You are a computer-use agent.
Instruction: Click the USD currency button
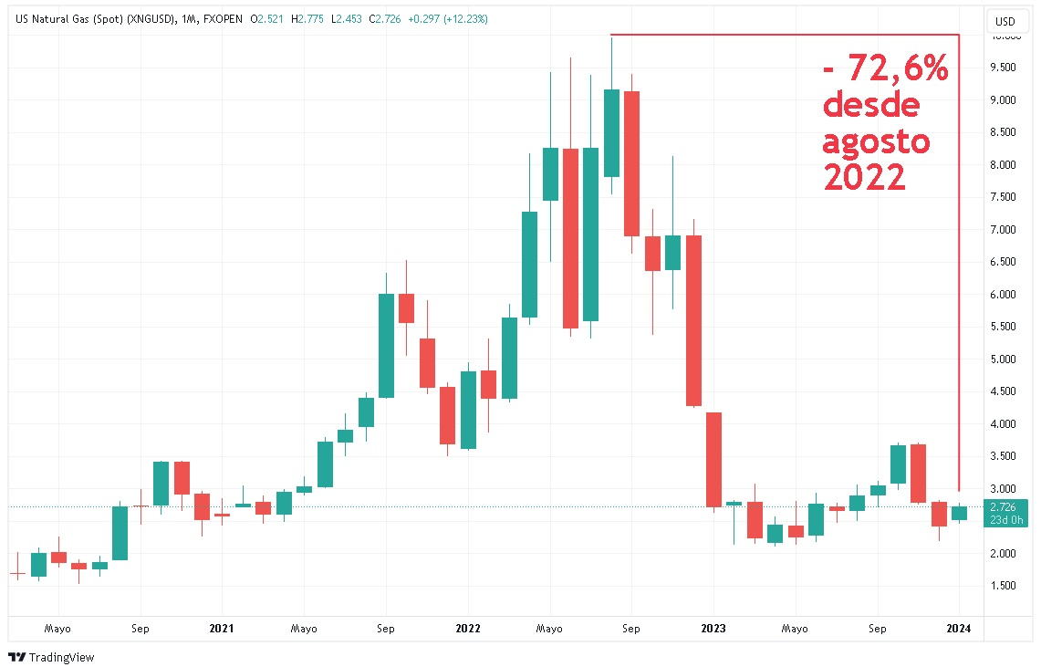point(1005,21)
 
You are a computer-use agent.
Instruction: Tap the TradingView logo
point(52,657)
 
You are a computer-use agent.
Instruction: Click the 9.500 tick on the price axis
point(1004,68)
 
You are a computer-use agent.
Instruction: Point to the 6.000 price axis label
point(1004,294)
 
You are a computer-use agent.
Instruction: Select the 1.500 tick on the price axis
point(1004,586)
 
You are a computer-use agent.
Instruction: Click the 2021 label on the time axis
point(222,628)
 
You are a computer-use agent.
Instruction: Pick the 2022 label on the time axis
point(468,628)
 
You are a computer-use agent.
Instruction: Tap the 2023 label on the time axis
point(713,628)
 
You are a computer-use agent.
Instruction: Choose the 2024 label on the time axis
point(958,628)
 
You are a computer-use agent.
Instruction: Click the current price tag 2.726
point(1004,505)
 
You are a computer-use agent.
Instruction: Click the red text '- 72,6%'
point(885,68)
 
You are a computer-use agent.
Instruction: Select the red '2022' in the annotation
point(864,177)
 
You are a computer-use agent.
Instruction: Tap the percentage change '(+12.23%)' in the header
point(464,19)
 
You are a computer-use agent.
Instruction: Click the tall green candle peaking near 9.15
point(611,133)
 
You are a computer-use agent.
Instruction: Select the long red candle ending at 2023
point(714,459)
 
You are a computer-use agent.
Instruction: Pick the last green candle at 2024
point(959,513)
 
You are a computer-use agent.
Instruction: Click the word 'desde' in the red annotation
point(871,106)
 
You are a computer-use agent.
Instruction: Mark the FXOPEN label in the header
point(222,19)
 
